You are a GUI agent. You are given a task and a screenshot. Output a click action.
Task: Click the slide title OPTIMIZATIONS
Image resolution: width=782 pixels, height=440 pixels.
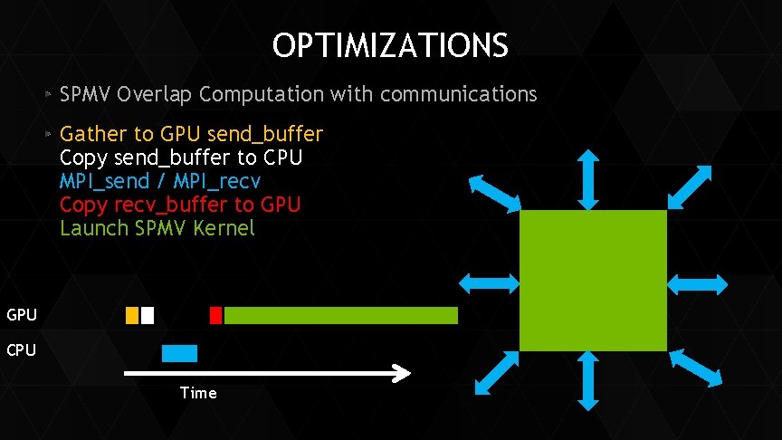390,44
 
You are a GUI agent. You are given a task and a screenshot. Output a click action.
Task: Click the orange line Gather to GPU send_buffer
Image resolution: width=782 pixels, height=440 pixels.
191,134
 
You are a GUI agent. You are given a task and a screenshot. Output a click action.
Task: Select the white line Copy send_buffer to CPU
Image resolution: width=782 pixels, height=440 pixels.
181,158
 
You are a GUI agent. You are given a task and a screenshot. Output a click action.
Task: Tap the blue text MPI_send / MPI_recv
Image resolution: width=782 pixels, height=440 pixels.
160,181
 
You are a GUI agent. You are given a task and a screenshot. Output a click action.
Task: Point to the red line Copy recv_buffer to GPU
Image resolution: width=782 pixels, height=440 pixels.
180,205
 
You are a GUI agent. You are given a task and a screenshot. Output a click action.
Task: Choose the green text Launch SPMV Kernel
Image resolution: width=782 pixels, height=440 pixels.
157,228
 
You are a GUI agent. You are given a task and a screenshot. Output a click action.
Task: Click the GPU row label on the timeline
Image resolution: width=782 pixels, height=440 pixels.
22,315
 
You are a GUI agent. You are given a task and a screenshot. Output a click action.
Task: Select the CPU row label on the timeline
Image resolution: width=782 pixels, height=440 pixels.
22,350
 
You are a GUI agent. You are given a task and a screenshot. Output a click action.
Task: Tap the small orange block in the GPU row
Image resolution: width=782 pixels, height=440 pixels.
132,315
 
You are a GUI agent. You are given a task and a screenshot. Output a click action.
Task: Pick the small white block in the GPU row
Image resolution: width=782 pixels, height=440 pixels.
148,315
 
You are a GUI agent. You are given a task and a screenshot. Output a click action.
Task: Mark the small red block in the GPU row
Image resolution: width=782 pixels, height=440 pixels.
215,315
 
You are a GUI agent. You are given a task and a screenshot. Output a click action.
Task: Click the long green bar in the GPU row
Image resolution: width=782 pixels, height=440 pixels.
340,315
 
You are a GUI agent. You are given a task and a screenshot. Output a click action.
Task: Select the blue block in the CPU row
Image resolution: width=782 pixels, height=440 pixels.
179,353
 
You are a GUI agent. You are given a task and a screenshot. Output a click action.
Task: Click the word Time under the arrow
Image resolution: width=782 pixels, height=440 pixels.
198,392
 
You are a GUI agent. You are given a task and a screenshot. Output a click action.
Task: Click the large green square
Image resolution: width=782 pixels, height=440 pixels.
593,281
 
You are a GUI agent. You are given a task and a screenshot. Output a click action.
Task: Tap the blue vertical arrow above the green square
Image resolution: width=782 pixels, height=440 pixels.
588,179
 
